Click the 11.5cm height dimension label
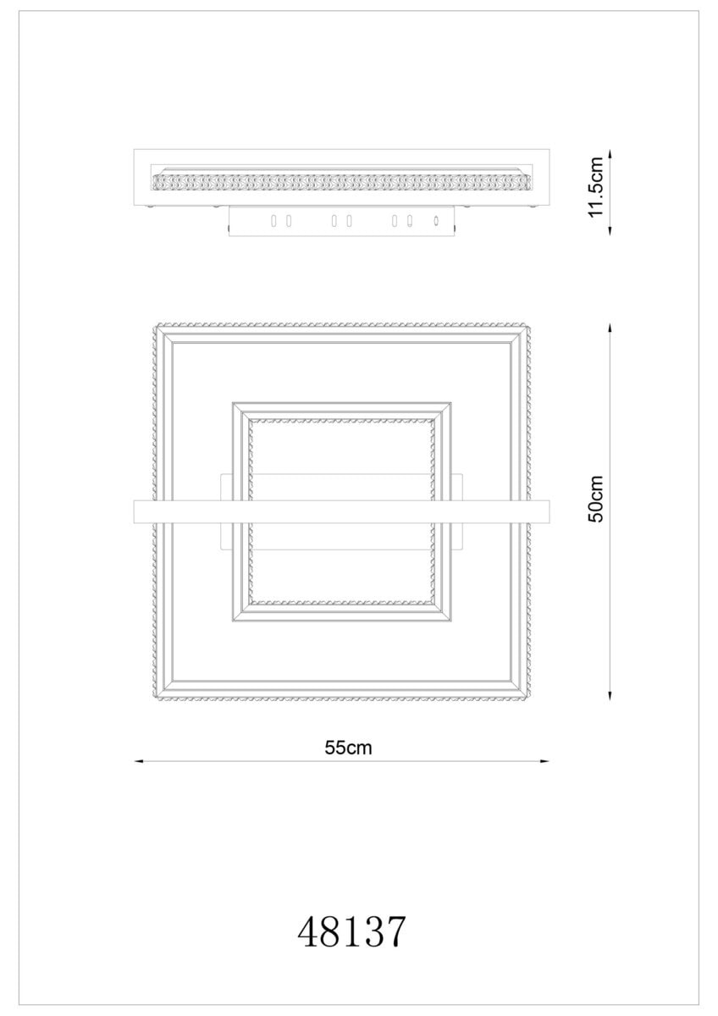point(596,194)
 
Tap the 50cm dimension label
point(596,499)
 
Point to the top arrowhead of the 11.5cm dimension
point(610,154)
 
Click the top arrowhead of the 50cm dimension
point(610,328)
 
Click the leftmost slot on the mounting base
point(273,221)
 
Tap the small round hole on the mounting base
point(436,221)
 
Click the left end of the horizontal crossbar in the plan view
point(135,512)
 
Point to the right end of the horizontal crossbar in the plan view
point(549,512)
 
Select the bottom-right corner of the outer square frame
point(530,698)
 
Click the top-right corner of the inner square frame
point(450,402)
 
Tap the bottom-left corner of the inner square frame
point(233,621)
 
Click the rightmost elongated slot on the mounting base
point(409,221)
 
